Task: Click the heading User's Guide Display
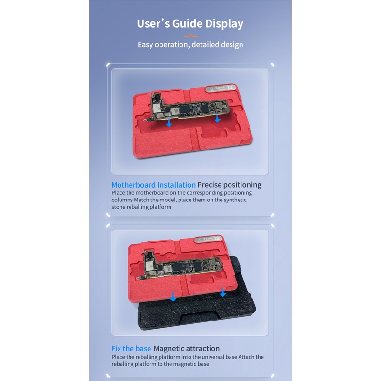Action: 190,24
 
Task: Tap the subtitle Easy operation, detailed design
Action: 190,45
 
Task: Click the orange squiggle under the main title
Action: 190,36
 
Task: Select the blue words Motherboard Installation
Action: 153,185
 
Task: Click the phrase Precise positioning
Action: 230,185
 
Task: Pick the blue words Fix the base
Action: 131,349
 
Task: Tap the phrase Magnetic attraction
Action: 187,349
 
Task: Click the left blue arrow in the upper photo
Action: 169,122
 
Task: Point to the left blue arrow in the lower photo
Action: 173,296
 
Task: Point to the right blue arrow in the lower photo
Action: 222,291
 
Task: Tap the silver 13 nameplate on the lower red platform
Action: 209,239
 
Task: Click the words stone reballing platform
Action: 141,207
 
